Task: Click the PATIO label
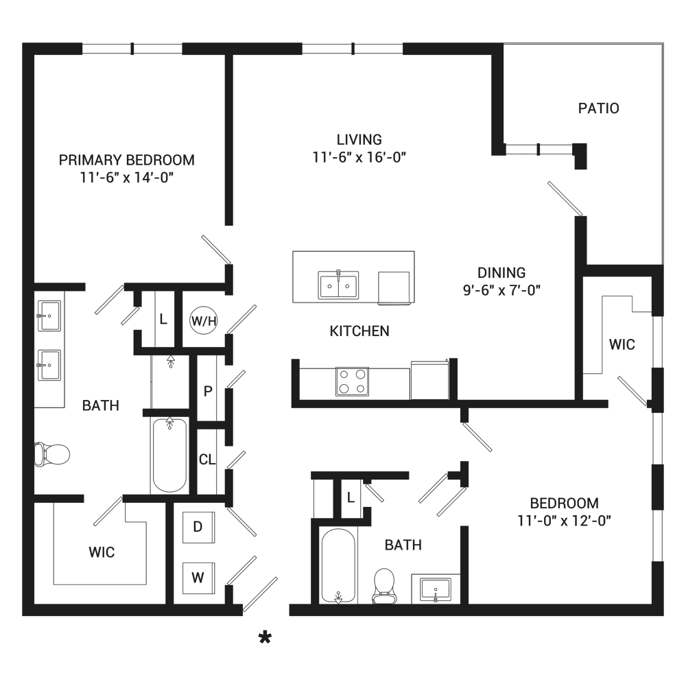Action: [x=598, y=108]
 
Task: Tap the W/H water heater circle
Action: [x=204, y=320]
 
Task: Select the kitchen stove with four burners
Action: [x=352, y=381]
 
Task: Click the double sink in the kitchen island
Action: [x=338, y=285]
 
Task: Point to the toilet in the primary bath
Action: [x=52, y=454]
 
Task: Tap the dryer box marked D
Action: [x=199, y=527]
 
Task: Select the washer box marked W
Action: [x=199, y=578]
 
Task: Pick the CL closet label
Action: [x=207, y=460]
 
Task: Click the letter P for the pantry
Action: [x=208, y=391]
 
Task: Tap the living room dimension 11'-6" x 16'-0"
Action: [x=359, y=157]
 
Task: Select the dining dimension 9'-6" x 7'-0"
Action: [x=502, y=290]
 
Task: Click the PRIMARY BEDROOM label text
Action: [x=127, y=160]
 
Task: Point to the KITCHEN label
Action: [x=359, y=331]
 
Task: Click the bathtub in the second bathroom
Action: [x=338, y=566]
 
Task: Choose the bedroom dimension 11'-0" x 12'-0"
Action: [x=565, y=521]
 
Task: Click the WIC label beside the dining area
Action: [x=622, y=345]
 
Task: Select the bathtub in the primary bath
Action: [x=169, y=455]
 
